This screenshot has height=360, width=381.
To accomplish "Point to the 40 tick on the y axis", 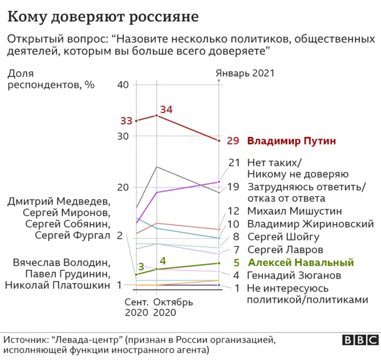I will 123,84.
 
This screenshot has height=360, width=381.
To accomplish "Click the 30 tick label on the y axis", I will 123,136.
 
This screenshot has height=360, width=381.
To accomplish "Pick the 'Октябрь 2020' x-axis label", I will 173,307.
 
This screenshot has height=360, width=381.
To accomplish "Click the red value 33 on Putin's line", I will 126,121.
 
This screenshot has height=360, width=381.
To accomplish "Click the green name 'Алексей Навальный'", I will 301,262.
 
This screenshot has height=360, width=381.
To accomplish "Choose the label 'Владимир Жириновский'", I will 310,224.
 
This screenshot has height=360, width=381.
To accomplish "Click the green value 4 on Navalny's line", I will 163,261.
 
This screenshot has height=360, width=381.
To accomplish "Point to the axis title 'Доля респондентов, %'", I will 51,79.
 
